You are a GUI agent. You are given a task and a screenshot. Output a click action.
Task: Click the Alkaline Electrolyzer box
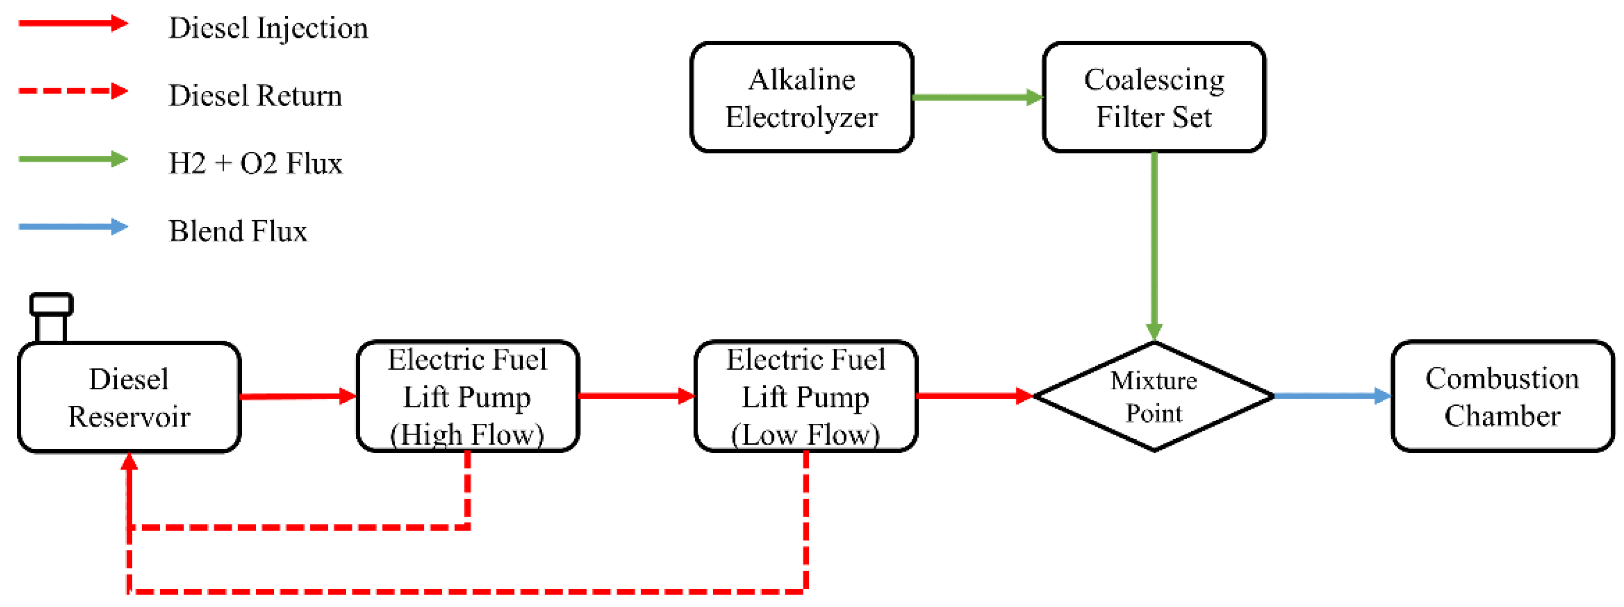801,97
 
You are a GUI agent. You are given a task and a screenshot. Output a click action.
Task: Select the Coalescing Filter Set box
1153,97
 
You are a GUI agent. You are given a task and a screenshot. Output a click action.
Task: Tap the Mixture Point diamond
1153,397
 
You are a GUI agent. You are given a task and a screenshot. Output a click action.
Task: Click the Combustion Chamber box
1502,397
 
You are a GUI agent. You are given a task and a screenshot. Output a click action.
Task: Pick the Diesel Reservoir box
129,398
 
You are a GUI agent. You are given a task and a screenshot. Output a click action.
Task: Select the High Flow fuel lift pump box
467,397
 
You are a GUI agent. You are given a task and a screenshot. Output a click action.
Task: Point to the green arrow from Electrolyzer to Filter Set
977,97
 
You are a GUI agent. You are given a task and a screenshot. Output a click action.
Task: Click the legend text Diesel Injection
268,28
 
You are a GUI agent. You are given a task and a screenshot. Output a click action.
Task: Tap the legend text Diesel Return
255,96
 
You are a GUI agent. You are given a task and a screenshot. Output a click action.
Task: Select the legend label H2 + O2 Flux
255,163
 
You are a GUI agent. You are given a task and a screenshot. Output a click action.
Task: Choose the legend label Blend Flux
237,231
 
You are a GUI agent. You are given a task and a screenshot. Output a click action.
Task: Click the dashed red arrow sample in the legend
72,91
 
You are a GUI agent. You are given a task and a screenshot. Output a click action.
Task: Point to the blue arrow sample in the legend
72,227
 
